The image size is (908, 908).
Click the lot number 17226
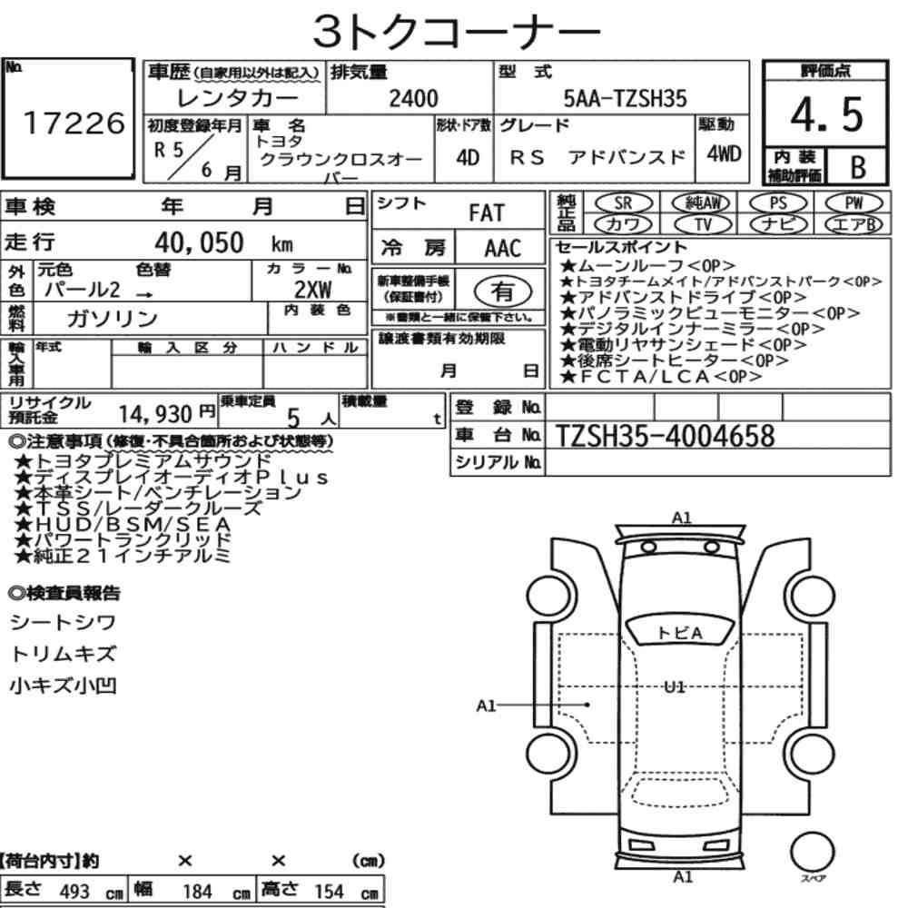click(x=74, y=123)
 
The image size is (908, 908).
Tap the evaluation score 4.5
click(x=826, y=114)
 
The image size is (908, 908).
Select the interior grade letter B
click(x=858, y=167)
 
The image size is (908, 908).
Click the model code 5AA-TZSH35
click(x=625, y=98)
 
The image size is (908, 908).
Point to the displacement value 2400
click(x=413, y=98)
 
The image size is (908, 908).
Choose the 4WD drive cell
click(x=724, y=154)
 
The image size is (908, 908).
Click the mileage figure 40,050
click(x=199, y=242)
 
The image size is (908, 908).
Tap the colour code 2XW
click(x=312, y=290)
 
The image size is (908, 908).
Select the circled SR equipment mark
click(x=623, y=202)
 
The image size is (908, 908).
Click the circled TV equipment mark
click(x=703, y=223)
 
